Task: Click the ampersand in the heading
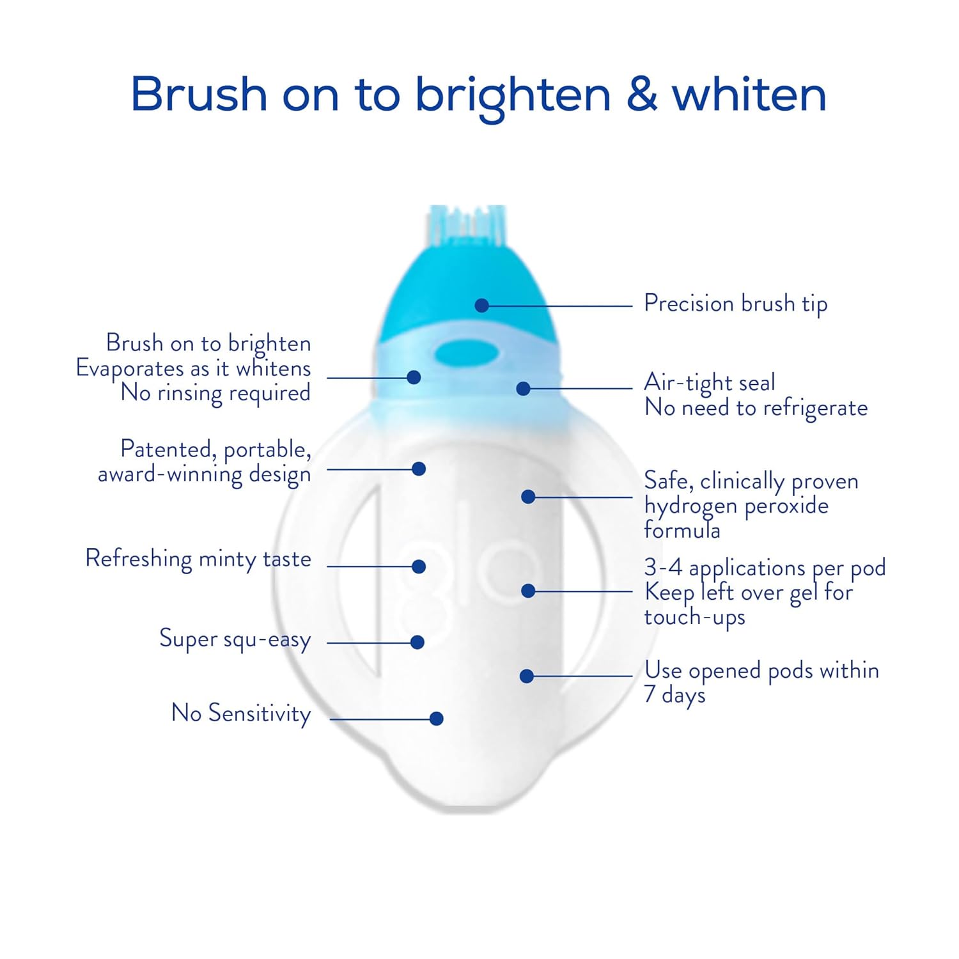(642, 95)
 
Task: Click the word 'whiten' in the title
(749, 95)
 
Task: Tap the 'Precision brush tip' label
(735, 304)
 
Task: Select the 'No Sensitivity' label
(241, 713)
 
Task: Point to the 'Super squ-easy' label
(235, 639)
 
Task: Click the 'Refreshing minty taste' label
(198, 559)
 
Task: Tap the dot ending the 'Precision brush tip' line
(482, 306)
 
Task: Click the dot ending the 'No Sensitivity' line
(437, 719)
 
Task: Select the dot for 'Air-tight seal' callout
(523, 388)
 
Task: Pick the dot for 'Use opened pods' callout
(527, 676)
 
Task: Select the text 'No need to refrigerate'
(756, 408)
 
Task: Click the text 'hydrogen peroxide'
(736, 506)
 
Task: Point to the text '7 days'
(674, 694)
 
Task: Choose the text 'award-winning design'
(204, 474)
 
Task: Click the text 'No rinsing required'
(215, 393)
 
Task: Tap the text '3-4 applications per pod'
(765, 568)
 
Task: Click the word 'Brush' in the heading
(199, 95)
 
